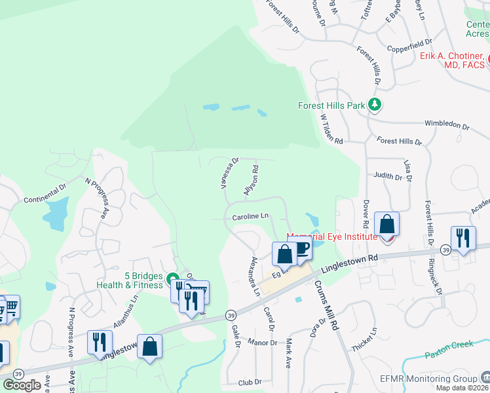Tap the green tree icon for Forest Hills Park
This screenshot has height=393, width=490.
coord(374,104)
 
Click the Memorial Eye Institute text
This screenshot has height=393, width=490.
coord(331,236)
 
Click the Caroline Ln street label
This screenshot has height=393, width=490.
coord(250,216)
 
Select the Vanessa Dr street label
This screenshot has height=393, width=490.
coord(230,172)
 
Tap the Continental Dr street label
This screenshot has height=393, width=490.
coord(45,194)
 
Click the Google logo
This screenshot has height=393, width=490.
coord(22,384)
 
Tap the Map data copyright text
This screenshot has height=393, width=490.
coord(462,388)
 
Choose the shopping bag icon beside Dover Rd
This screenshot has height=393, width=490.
coord(387,225)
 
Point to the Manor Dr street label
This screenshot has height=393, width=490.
coord(263,342)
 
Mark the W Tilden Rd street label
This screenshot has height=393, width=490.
coord(331,129)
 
